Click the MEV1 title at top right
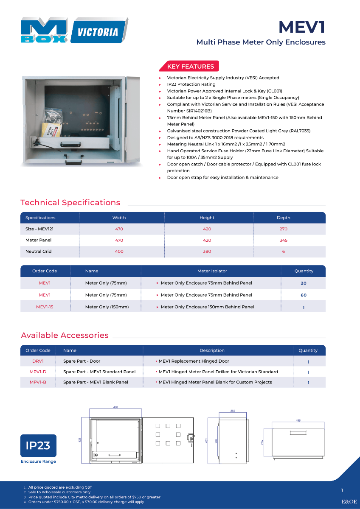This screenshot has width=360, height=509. click(302, 27)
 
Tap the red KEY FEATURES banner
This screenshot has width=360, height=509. click(190, 67)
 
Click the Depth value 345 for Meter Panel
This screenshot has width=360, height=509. click(283, 240)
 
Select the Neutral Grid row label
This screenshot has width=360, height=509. click(38, 252)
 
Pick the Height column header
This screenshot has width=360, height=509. click(207, 218)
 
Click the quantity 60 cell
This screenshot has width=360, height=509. click(303, 295)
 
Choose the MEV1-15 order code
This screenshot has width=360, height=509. click(45, 307)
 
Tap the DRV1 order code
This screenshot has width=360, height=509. click(38, 361)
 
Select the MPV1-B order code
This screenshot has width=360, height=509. click(38, 382)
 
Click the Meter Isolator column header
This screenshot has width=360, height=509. click(212, 271)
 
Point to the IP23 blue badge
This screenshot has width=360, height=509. click(38, 445)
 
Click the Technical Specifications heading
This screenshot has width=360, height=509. click(70, 203)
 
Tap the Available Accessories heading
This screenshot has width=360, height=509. click(65, 336)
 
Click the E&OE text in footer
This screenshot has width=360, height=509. click(349, 501)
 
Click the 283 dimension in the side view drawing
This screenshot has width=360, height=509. click(216, 441)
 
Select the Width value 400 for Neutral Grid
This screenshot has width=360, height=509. click(119, 252)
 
